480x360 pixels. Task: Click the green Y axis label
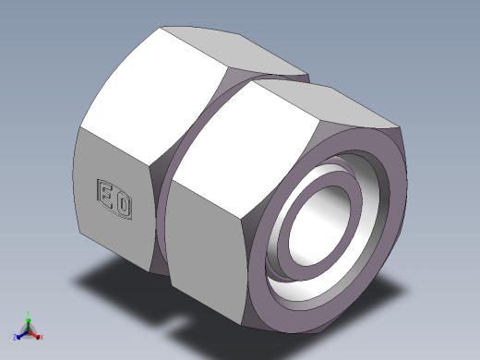29,313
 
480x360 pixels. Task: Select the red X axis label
42,336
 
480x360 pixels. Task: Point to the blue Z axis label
16,337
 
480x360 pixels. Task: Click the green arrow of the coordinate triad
29,320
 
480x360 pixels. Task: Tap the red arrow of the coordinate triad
35,331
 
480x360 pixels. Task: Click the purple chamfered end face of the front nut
388,258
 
